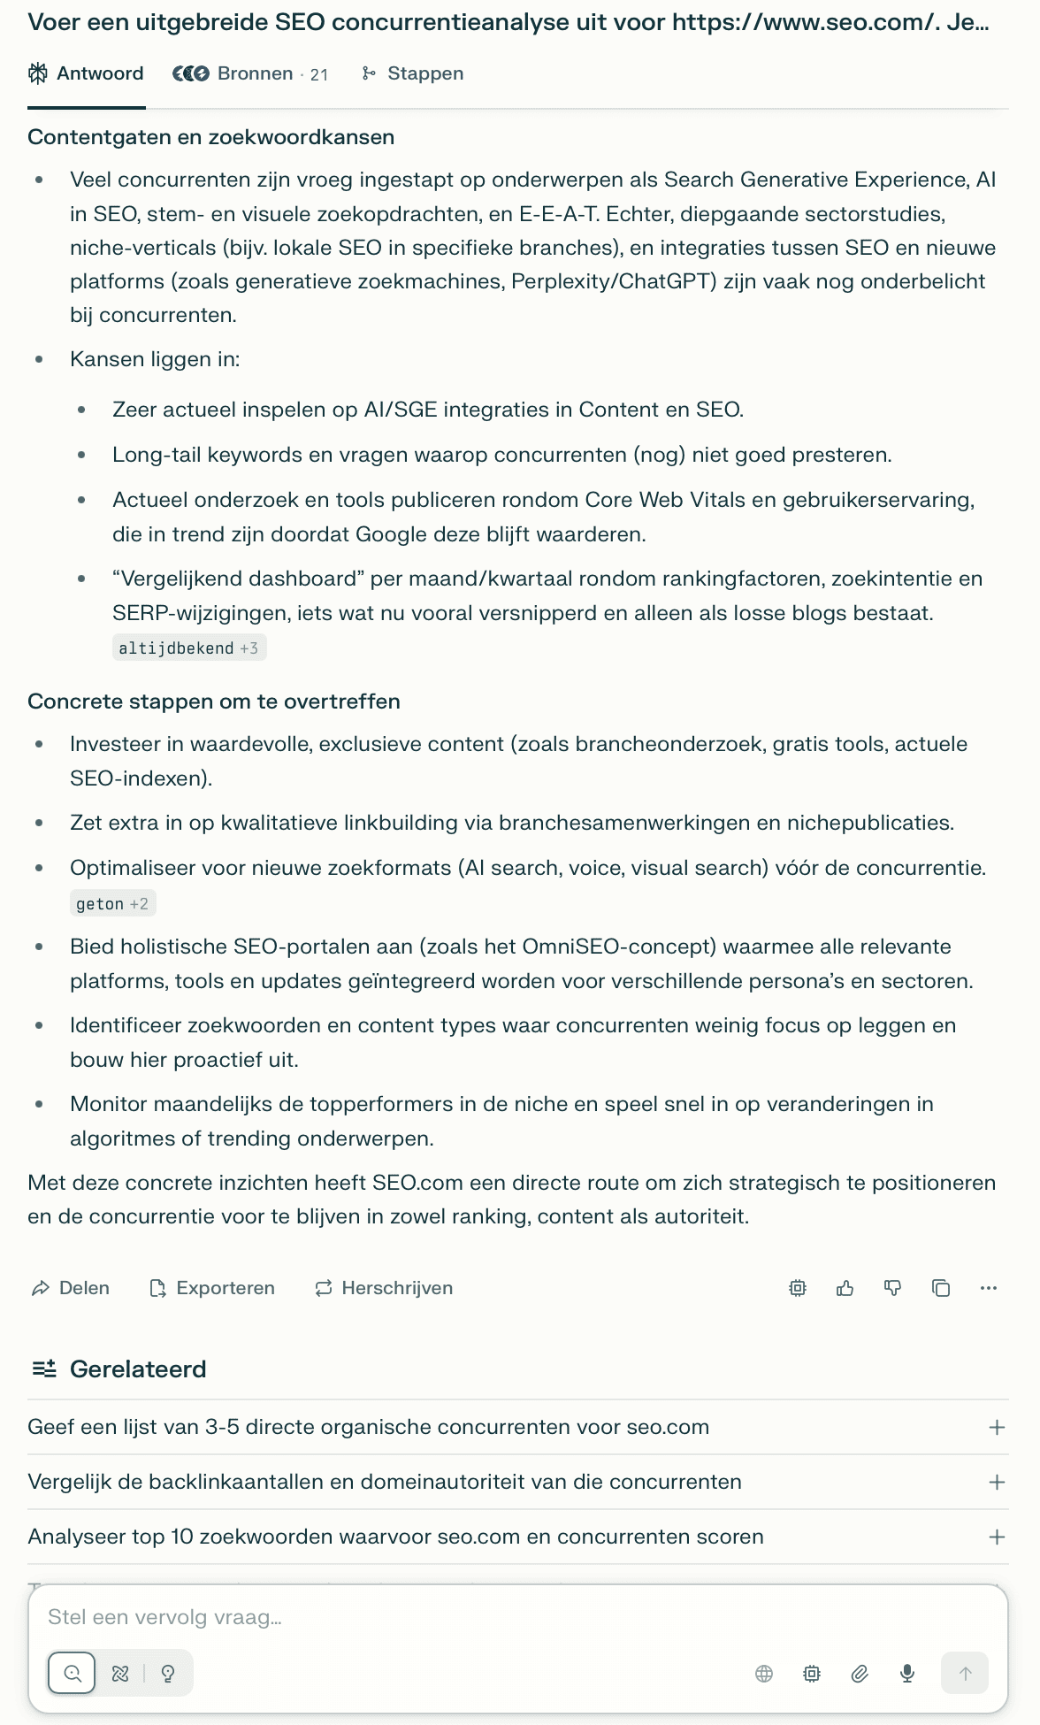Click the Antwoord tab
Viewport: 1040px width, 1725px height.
(87, 73)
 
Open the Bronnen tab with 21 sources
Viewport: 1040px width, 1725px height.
(250, 73)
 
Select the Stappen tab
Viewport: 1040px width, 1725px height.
(413, 73)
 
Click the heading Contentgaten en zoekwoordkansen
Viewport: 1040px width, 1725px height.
(211, 137)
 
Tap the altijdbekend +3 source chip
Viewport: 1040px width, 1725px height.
(189, 648)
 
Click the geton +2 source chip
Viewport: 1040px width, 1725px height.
(112, 904)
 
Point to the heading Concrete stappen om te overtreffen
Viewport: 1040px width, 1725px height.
(214, 701)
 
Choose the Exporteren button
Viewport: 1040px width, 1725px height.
(212, 1288)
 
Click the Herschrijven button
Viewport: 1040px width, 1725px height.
(384, 1288)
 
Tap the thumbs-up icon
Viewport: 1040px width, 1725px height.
(845, 1288)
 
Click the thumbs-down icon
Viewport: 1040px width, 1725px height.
(893, 1288)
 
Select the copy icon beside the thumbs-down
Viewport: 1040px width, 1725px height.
(941, 1288)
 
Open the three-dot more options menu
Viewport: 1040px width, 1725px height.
(989, 1288)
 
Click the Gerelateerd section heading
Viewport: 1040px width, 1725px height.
(138, 1369)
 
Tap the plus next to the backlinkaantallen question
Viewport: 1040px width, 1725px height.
(997, 1482)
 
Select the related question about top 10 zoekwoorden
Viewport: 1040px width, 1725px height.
(395, 1537)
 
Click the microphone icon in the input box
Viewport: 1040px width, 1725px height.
(907, 1673)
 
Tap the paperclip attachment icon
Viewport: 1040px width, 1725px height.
(860, 1673)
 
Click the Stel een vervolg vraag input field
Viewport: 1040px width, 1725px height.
(442, 1617)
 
